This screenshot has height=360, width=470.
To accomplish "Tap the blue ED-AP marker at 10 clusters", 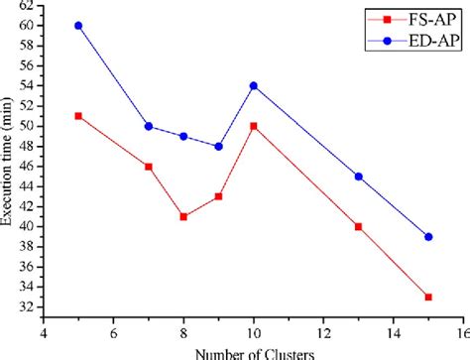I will click(253, 85).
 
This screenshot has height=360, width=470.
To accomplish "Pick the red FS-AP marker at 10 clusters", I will click(253, 126).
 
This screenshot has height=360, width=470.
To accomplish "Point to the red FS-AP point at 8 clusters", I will click(183, 216).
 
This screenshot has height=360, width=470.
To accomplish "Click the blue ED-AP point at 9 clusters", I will click(218, 146).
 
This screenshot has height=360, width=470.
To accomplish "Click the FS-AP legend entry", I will click(416, 17).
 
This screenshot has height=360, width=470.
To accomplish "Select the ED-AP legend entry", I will click(416, 40).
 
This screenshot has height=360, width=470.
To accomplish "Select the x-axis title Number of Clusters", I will click(252, 352).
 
